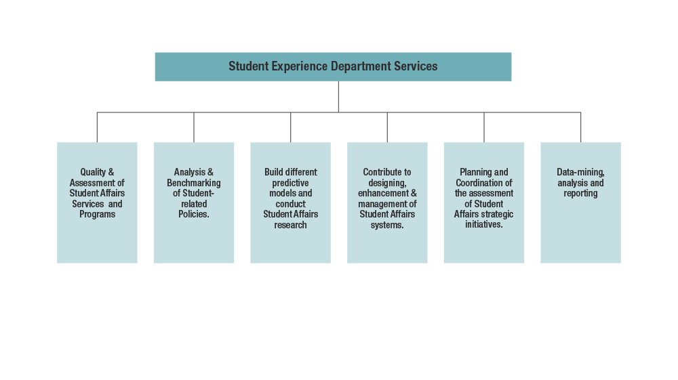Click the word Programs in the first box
97,215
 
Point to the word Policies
193,215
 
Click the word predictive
290,183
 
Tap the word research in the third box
290,225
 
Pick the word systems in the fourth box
387,225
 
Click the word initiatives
483,225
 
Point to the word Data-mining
580,173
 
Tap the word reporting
580,194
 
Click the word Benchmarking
194,183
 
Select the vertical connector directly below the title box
338,96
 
